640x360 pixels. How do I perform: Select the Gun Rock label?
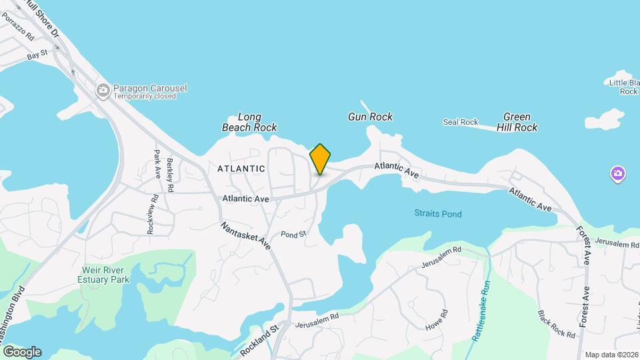click(370, 117)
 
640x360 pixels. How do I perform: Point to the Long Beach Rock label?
click(249, 122)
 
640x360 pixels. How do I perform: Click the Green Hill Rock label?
click(517, 121)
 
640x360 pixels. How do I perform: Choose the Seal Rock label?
click(461, 122)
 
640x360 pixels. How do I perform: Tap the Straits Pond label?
click(437, 214)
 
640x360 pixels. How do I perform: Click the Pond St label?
click(293, 234)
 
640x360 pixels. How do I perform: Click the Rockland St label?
click(259, 339)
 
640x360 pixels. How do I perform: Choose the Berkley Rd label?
click(171, 175)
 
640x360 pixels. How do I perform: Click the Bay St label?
click(38, 55)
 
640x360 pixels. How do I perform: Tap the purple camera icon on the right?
click(618, 175)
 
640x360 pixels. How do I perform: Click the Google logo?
click(22, 352)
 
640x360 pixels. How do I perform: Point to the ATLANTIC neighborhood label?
click(241, 169)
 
